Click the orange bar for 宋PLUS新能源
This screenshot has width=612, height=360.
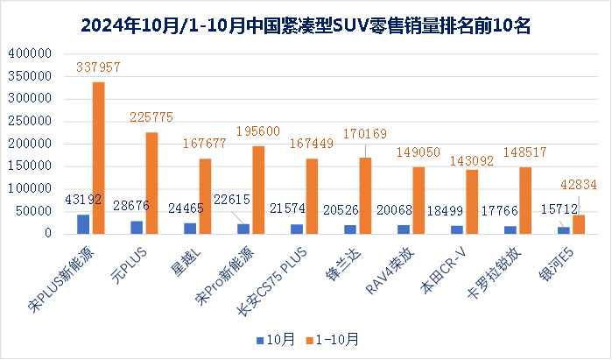pos(98,158)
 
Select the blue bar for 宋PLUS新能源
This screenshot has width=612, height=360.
pos(84,224)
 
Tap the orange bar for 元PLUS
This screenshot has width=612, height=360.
pos(151,183)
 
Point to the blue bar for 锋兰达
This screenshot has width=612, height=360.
pos(350,229)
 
